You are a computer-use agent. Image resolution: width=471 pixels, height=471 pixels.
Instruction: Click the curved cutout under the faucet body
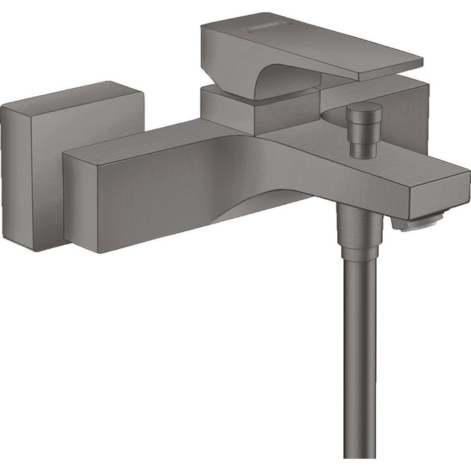269,202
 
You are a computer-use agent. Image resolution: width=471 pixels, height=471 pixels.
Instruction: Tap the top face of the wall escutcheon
67,99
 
